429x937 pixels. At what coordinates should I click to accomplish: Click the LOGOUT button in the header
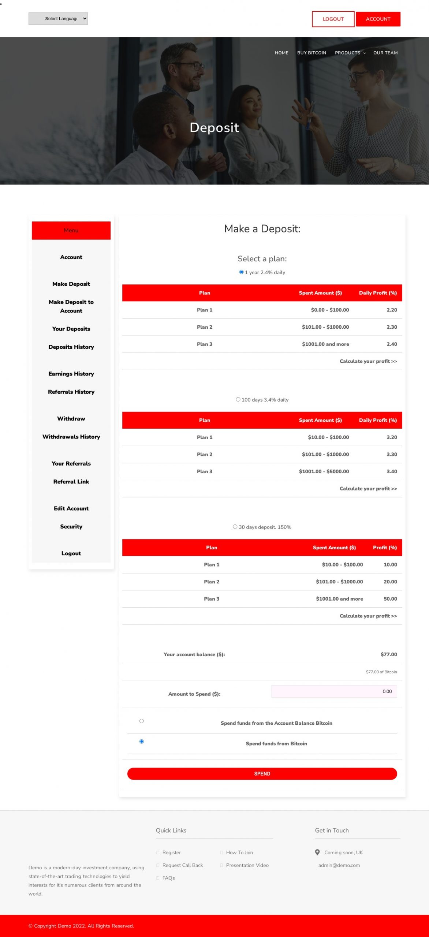[x=333, y=19]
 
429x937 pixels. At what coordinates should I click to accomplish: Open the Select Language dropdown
[x=58, y=19]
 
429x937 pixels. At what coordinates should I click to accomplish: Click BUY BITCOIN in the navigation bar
[x=312, y=53]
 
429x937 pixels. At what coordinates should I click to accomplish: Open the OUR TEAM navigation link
[x=385, y=53]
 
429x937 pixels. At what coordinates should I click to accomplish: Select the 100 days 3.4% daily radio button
[x=238, y=399]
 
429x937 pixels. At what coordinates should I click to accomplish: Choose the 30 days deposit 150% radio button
[x=235, y=527]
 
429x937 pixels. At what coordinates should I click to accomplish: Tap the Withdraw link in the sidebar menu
[x=71, y=418]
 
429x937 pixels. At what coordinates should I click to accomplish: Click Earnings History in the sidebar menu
[x=71, y=374]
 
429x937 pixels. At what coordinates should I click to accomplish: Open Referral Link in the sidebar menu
[x=71, y=482]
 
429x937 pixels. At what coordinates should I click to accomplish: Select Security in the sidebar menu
[x=71, y=526]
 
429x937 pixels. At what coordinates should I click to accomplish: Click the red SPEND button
[x=262, y=773]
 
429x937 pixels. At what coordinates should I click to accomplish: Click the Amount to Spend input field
[x=334, y=691]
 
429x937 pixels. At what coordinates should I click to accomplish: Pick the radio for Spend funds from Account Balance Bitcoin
[x=142, y=721]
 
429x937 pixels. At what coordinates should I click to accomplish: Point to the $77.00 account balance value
[x=388, y=654]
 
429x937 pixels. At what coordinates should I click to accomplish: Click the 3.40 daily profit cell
[x=392, y=471]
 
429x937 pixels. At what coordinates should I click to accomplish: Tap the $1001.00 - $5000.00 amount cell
[x=324, y=471]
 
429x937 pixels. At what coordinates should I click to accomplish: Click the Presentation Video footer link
[x=247, y=865]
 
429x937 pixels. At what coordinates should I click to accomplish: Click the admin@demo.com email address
[x=339, y=865]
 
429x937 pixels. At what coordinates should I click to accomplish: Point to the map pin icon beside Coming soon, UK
[x=317, y=852]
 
